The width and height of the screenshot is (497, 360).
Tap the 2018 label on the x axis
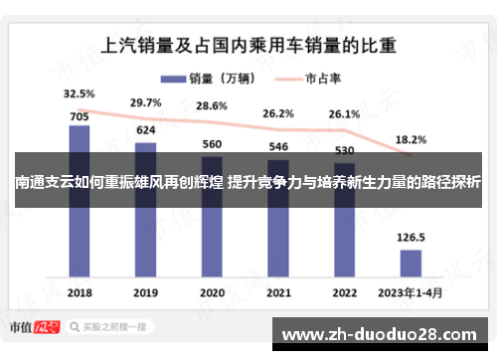(x=80, y=293)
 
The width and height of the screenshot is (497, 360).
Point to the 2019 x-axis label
(x=145, y=293)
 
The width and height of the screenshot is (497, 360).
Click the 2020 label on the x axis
(x=212, y=293)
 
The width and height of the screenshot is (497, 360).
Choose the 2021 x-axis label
(x=278, y=293)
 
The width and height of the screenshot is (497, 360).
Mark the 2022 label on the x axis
(x=344, y=293)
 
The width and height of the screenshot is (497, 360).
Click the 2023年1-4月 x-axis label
(x=410, y=293)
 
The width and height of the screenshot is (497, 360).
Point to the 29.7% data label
(x=145, y=102)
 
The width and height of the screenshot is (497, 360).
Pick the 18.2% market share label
(x=411, y=140)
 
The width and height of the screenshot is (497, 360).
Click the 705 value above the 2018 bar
(x=80, y=115)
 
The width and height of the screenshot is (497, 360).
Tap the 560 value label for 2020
(x=212, y=144)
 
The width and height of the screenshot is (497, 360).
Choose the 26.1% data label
(x=344, y=114)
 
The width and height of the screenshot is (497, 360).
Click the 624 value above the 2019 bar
(x=145, y=131)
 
